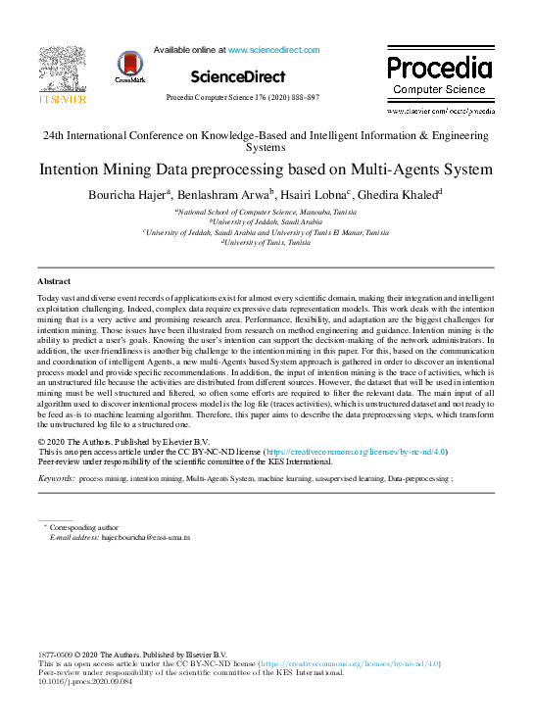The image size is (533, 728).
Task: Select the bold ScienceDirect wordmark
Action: [x=238, y=76]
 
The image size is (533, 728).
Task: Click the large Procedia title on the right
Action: [x=438, y=68]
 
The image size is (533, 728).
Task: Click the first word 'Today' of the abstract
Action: [x=48, y=296]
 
